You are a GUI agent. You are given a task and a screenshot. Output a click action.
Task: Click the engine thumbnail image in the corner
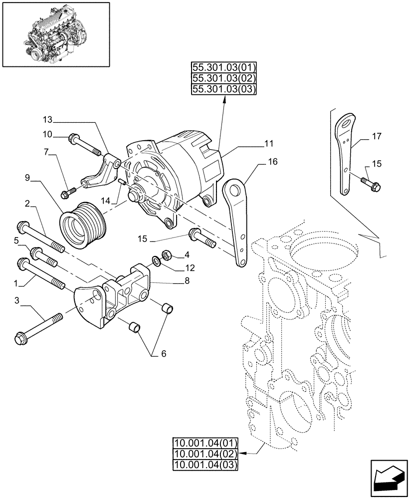click(x=55, y=35)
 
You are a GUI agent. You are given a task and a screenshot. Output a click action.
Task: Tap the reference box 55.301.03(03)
click(x=223, y=89)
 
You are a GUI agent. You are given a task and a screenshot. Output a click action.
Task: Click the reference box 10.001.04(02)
click(x=205, y=454)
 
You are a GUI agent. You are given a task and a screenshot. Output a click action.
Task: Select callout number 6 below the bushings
click(x=164, y=354)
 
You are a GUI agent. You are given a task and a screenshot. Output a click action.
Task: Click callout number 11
click(x=269, y=144)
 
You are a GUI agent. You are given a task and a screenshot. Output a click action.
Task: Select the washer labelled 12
click(x=156, y=260)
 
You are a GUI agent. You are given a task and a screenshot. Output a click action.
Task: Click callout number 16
click(x=272, y=162)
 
